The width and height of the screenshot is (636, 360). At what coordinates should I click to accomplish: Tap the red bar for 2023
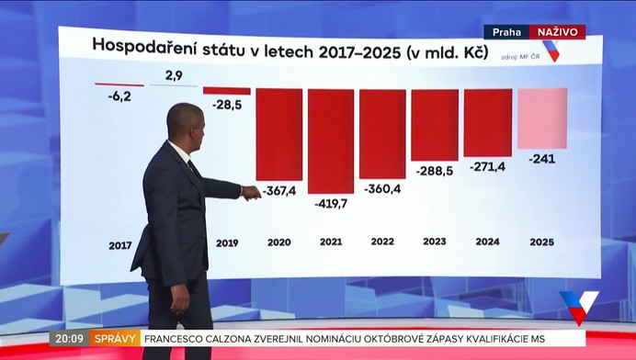pyautogui.click(x=435, y=124)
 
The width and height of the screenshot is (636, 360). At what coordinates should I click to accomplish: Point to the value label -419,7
pyautogui.click(x=330, y=203)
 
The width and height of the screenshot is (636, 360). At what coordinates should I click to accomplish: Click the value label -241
pyautogui.click(x=542, y=158)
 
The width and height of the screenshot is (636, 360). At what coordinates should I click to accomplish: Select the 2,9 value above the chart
pyautogui.click(x=174, y=73)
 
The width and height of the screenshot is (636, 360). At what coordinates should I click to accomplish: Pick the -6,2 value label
pyautogui.click(x=119, y=95)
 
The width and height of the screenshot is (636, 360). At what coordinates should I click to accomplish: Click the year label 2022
pyautogui.click(x=382, y=242)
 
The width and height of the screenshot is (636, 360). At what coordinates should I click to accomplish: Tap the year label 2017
pyautogui.click(x=119, y=245)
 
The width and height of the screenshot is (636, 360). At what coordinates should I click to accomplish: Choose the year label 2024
pyautogui.click(x=488, y=242)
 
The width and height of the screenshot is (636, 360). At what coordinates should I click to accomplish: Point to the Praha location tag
pyautogui.click(x=505, y=32)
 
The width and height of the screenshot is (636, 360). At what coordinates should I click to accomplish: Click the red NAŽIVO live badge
pyautogui.click(x=557, y=32)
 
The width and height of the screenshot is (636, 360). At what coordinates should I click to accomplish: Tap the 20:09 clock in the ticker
pyautogui.click(x=69, y=338)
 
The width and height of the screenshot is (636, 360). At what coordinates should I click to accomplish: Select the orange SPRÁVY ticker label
pyautogui.click(x=115, y=338)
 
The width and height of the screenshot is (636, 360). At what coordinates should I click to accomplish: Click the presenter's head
pyautogui.click(x=184, y=123)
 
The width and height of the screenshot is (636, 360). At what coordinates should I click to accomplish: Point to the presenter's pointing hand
pyautogui.click(x=250, y=192)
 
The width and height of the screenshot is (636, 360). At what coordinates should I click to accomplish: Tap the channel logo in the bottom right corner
pyautogui.click(x=579, y=307)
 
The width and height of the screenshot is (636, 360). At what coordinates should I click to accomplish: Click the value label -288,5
pyautogui.click(x=435, y=171)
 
